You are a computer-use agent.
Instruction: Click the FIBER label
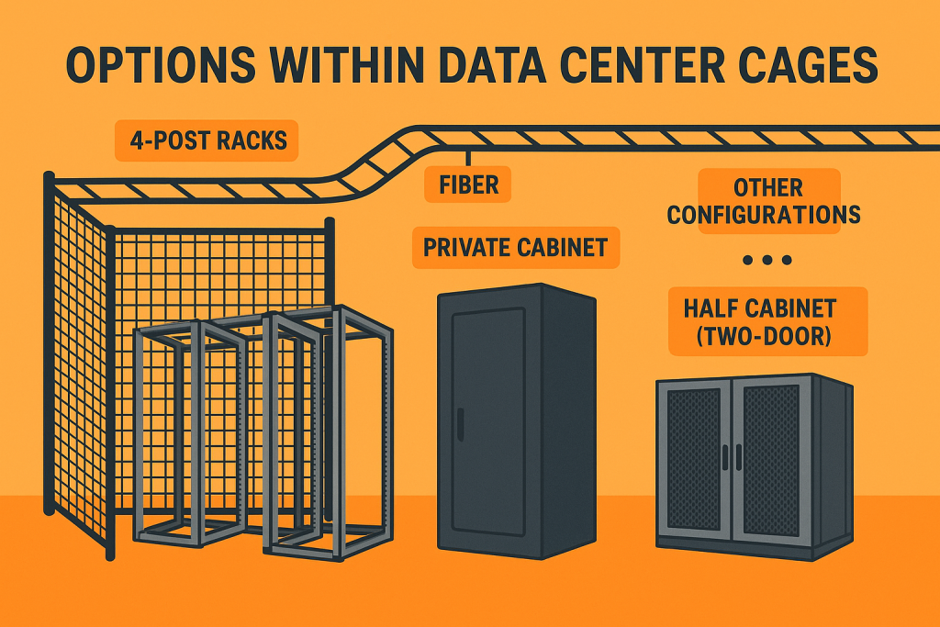[468, 185]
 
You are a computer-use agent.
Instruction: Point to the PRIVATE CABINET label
[515, 247]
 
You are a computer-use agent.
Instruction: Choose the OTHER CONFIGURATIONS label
[764, 202]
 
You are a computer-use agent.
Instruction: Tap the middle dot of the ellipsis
[767, 261]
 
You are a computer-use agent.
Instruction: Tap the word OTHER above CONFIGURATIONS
[767, 188]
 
